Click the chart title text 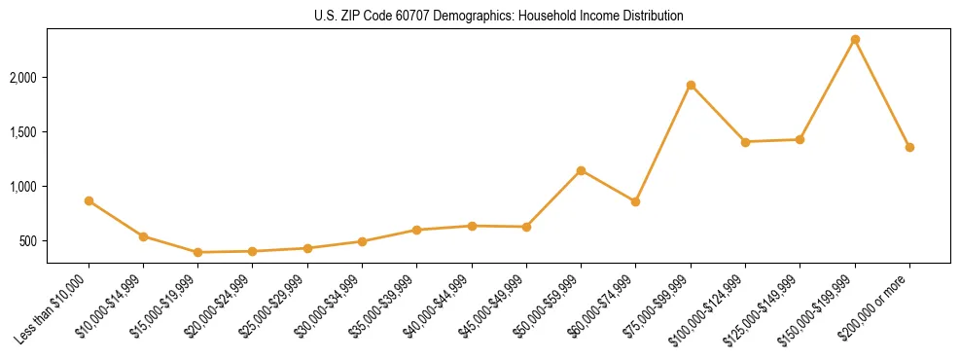(498, 16)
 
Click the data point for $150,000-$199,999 (855, 40)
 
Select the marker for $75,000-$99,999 (691, 86)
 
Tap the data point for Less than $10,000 (89, 200)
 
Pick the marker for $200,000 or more (909, 147)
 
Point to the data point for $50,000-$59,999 (581, 170)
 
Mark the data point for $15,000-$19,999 (197, 252)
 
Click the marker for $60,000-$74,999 (635, 201)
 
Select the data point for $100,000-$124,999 (745, 142)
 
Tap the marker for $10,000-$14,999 (143, 236)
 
